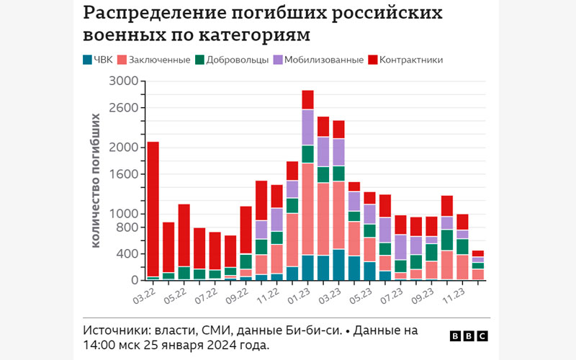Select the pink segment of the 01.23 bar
(x=307, y=209)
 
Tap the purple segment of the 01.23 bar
(x=307, y=127)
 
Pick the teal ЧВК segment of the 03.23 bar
(x=338, y=264)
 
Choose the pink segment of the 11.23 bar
(x=462, y=266)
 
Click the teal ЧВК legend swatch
(x=88, y=60)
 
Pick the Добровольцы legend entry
(x=232, y=60)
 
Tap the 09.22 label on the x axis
(x=237, y=294)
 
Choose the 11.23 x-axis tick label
(x=452, y=294)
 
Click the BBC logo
(x=468, y=336)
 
